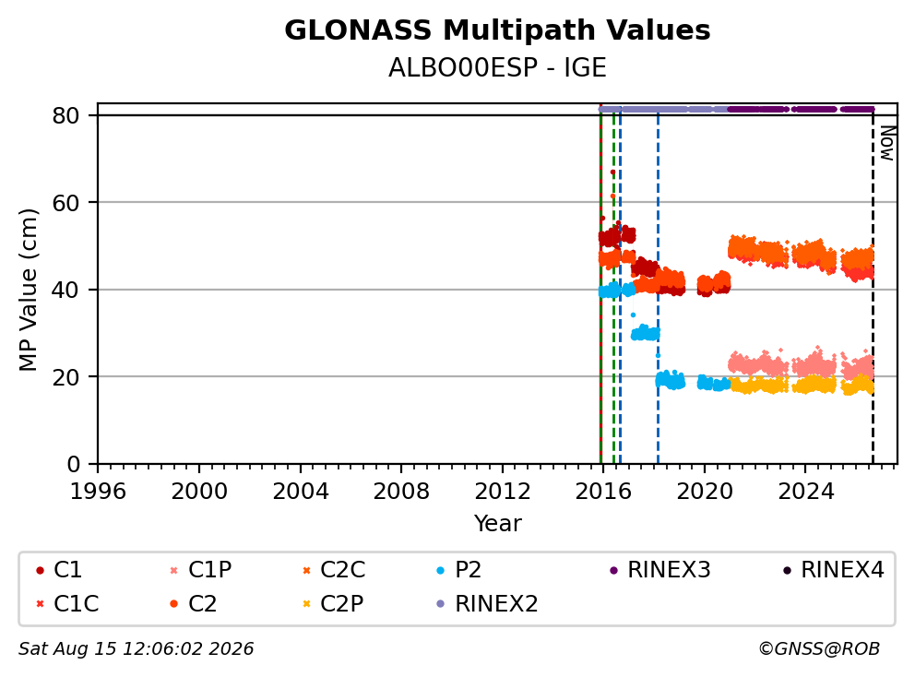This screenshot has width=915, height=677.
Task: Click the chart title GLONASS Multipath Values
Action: [497, 30]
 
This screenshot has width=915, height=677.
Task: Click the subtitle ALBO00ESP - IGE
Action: [497, 67]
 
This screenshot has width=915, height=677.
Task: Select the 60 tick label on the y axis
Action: [65, 203]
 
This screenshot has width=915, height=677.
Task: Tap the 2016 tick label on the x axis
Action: [603, 492]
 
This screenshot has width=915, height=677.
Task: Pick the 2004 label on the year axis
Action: [301, 492]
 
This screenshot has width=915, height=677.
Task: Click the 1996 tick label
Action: [98, 492]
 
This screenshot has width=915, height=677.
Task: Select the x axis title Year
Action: [497, 524]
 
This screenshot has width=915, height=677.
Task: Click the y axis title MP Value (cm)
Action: [28, 290]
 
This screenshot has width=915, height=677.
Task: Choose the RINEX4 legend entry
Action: [835, 570]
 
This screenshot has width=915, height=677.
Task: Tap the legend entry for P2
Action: [460, 570]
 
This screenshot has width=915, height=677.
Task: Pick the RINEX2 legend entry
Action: [488, 603]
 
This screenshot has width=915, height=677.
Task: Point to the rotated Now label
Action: [887, 144]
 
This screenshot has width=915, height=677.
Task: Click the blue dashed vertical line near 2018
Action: [658, 287]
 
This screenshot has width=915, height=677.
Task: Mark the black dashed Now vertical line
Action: [873, 287]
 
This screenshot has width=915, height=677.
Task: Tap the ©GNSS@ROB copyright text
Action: [819, 648]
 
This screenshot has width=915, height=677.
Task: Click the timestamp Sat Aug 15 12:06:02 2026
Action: [136, 648]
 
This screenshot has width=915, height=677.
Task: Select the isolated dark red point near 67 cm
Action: [612, 172]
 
